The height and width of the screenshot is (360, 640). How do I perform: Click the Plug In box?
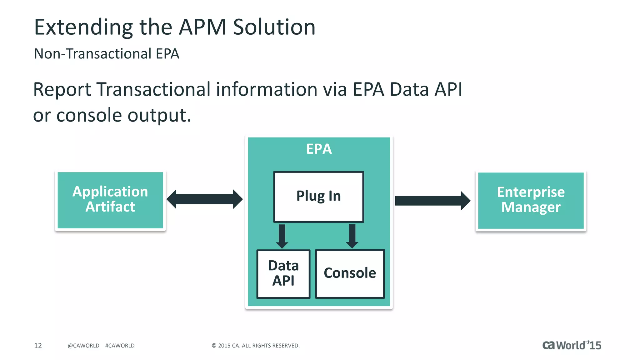(318, 197)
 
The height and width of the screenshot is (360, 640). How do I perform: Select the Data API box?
(283, 274)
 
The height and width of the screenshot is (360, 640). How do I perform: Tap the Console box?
(350, 274)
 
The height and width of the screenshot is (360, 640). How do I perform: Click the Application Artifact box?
(110, 200)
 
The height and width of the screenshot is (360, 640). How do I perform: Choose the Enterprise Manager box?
(531, 200)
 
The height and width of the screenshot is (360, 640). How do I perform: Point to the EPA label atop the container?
(319, 149)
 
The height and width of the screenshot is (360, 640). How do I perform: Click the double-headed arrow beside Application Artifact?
(205, 199)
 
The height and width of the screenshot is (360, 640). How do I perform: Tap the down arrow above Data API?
(282, 236)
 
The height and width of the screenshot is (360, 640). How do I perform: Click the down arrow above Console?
(352, 236)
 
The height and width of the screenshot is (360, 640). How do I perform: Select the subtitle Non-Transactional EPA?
(106, 54)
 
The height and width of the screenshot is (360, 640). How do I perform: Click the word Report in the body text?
(62, 90)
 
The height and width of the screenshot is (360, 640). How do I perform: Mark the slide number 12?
(38, 346)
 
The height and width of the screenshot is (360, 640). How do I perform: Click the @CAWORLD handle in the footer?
(83, 346)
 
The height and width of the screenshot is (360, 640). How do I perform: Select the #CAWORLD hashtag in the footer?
(120, 346)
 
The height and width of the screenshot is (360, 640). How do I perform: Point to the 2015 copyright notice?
(255, 346)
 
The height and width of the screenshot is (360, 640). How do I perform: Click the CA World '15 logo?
(572, 345)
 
